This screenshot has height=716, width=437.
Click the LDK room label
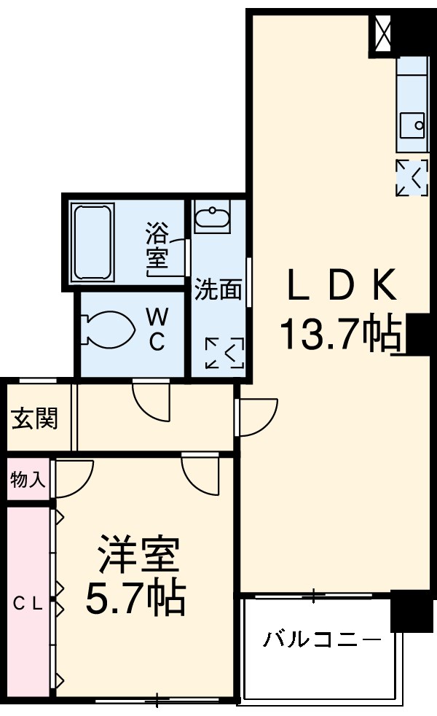[341, 286]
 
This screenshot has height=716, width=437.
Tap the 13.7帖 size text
[341, 335]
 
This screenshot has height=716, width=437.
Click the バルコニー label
[321, 641]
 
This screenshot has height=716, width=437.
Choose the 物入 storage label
[28, 479]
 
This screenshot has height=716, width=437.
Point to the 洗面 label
[218, 289]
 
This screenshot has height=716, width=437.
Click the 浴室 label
[157, 246]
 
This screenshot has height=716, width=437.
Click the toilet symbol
[108, 330]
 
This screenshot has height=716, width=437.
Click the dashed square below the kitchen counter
[412, 177]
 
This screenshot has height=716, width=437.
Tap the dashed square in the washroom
[224, 353]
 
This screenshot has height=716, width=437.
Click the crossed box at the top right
[384, 32]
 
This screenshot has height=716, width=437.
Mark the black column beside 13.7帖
[418, 334]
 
